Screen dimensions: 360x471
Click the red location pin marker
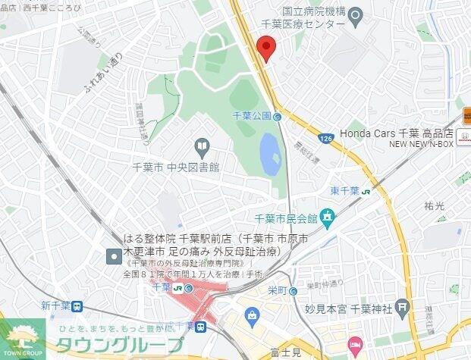click(265, 49)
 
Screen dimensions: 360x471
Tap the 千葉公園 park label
click(251, 116)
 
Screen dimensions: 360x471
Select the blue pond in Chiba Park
click(270, 153)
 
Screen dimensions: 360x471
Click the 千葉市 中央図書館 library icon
click(202, 145)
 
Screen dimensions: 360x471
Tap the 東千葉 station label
click(345, 190)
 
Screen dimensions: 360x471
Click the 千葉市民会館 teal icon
click(327, 220)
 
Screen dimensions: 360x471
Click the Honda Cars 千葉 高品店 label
click(394, 133)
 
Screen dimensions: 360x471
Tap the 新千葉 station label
click(56, 305)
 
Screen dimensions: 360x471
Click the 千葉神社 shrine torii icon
click(403, 308)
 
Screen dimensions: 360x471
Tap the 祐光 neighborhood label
click(435, 205)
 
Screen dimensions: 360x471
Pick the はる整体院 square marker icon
click(114, 255)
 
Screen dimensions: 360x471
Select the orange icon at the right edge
click(466, 117)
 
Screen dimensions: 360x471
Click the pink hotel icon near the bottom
click(355, 346)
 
